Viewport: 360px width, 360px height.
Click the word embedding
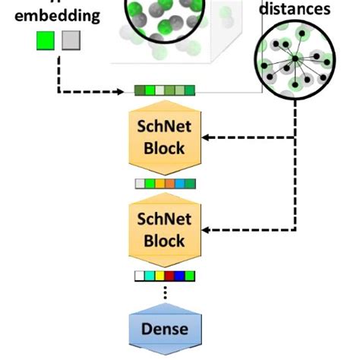(58, 16)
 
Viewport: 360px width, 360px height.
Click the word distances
(295, 9)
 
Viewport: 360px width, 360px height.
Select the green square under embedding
(46, 40)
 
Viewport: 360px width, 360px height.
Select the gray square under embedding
(70, 40)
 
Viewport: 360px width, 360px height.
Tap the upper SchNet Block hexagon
(165, 137)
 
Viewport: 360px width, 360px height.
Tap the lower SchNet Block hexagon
(165, 229)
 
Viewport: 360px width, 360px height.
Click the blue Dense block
(165, 329)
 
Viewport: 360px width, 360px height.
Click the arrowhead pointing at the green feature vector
(127, 92)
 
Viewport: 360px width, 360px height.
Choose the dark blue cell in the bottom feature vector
(180, 276)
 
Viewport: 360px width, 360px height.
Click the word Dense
(165, 329)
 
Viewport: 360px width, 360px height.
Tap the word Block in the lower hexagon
(165, 241)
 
